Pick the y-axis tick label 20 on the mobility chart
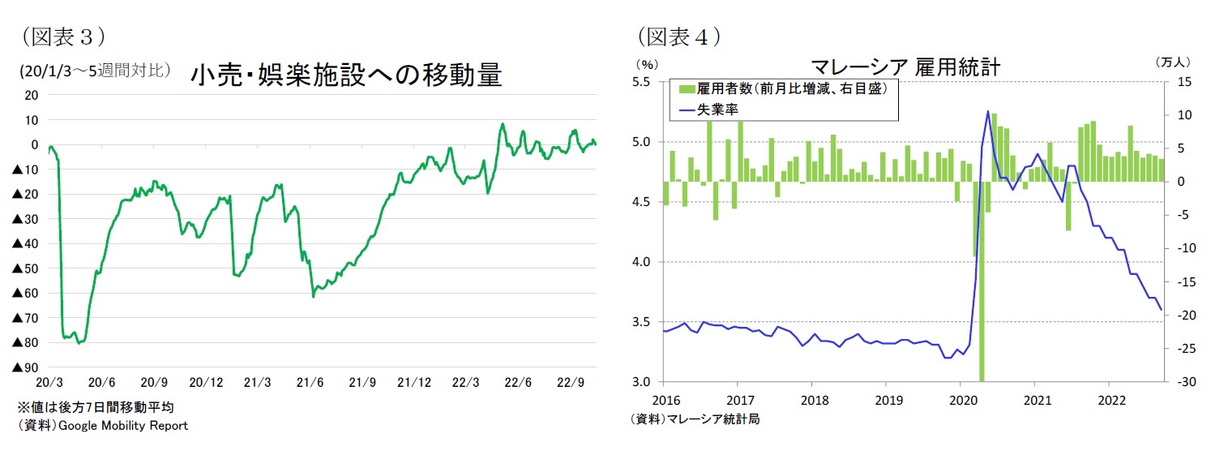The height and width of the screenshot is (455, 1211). click(32, 95)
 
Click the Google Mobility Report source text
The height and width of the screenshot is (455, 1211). click(101, 426)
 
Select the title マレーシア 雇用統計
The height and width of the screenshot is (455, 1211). click(905, 67)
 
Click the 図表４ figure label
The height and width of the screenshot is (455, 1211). click(679, 36)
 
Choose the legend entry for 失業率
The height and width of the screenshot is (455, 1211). click(715, 108)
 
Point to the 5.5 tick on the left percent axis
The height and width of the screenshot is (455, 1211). click(641, 82)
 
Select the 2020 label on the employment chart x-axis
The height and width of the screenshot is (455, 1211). click(961, 399)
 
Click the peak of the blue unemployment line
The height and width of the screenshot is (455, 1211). click(988, 111)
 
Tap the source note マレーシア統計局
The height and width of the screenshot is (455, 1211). click(695, 419)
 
